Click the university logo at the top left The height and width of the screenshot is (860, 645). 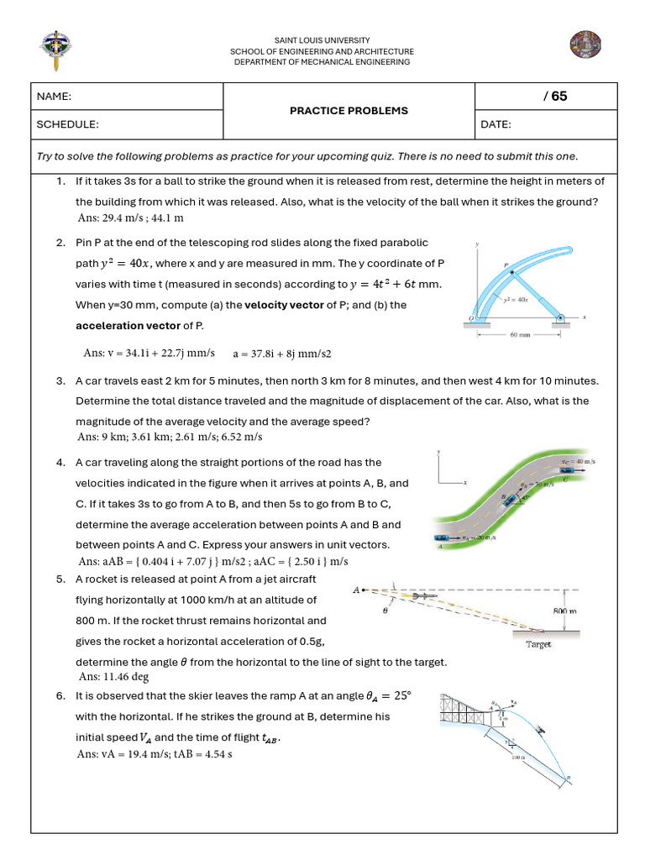(55, 50)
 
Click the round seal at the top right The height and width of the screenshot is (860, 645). (582, 47)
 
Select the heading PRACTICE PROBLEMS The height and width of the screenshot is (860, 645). (349, 111)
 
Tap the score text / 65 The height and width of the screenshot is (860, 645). (555, 96)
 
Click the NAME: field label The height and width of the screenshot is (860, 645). (54, 97)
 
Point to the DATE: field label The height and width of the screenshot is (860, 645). (496, 124)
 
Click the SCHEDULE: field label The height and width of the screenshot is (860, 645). (67, 124)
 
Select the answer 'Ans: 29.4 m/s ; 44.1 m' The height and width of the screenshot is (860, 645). (130, 218)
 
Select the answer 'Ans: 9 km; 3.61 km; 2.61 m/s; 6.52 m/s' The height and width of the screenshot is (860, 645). (170, 437)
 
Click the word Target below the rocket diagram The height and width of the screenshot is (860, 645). (538, 644)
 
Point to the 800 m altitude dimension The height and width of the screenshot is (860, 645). (565, 611)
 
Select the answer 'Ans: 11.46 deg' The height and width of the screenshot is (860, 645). (113, 676)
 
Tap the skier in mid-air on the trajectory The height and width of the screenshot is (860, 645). (540, 730)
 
